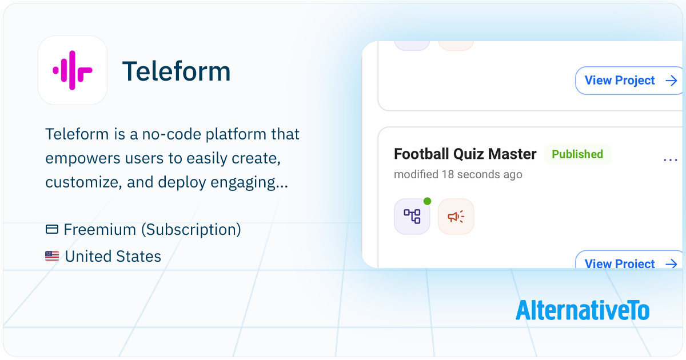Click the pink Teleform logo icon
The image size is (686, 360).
point(73,70)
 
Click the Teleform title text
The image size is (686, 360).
point(177,71)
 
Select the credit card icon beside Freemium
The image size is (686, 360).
point(52,229)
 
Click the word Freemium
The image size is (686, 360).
point(100,229)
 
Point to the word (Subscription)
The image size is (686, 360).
point(191,230)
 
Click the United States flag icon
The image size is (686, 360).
point(52,256)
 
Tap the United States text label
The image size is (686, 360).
point(113,256)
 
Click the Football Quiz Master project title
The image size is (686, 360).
point(465,154)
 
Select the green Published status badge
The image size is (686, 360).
point(577,154)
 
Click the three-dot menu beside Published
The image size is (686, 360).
point(670,160)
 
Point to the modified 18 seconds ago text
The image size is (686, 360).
point(458,174)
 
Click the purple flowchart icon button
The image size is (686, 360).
point(412,217)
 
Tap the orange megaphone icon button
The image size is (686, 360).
point(456,217)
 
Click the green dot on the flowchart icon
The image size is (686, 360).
point(427,201)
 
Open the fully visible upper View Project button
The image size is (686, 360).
point(629,81)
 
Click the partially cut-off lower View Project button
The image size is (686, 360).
point(629,259)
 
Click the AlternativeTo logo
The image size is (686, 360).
point(583,310)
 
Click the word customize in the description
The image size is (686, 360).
point(83,182)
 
